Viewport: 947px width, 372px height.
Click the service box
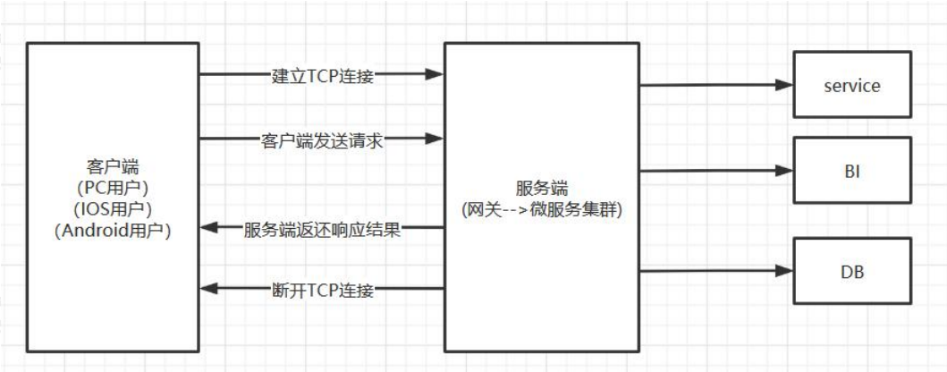point(851,87)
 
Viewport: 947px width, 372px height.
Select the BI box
point(851,170)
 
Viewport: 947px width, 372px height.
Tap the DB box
point(851,270)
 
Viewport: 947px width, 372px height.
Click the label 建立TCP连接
point(322,75)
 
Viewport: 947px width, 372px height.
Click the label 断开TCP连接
point(322,289)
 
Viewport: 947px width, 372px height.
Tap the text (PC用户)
point(113,189)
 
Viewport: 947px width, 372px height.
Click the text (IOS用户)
point(113,209)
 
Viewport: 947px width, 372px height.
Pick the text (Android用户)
point(113,230)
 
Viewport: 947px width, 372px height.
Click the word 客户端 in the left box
point(113,169)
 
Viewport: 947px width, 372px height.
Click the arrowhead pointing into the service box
point(784,86)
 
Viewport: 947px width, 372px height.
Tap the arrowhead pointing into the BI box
point(784,170)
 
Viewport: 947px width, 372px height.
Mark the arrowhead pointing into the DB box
point(784,270)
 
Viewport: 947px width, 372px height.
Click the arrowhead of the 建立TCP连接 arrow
point(435,75)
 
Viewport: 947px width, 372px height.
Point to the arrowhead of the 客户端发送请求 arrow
point(435,139)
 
